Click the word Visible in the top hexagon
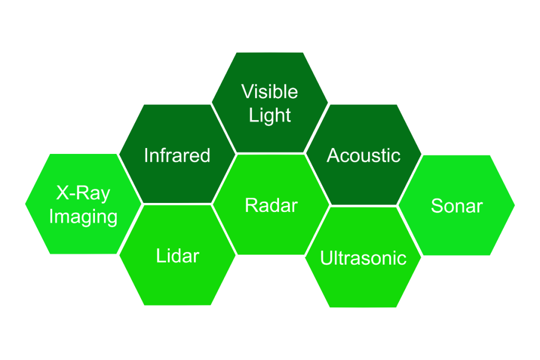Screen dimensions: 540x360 coord(269,92)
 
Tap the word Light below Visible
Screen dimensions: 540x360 coord(270,115)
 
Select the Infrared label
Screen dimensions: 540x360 coord(177,155)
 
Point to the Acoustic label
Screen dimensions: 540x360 coord(363,155)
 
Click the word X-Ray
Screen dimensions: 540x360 coord(83,193)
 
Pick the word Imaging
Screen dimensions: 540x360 coord(83,217)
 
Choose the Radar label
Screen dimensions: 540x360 coord(271,206)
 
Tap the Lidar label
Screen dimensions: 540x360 coord(178,256)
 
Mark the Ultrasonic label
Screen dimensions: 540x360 coord(363,258)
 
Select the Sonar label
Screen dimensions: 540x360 coord(457,206)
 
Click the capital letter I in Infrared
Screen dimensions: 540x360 coord(146,155)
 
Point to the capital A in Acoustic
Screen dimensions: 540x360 coord(333,155)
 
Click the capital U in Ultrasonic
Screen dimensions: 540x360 coord(326,258)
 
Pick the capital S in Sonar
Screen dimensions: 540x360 coord(437,206)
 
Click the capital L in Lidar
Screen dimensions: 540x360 coord(161,256)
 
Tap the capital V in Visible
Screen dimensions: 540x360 coord(248,92)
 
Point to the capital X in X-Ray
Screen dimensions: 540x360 coord(63,193)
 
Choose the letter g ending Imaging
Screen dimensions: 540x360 coord(111,220)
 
